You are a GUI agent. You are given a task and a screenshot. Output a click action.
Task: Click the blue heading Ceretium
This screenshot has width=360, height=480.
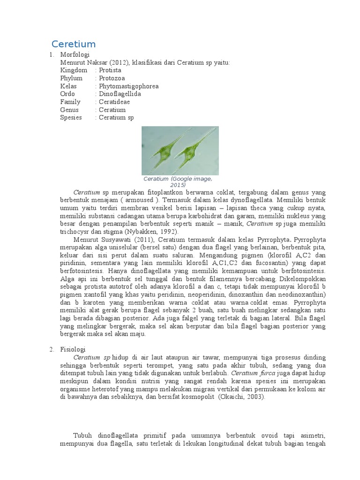[x=74, y=45]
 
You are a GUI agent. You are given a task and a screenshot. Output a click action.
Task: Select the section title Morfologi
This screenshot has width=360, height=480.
[x=75, y=55]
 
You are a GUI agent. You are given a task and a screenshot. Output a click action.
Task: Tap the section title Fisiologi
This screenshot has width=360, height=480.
[x=73, y=349]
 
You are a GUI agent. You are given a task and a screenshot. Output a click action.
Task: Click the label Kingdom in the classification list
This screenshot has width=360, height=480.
[x=74, y=70]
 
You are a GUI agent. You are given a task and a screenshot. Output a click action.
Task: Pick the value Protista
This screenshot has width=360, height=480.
[x=110, y=70]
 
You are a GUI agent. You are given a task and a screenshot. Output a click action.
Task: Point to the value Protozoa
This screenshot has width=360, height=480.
[x=112, y=78]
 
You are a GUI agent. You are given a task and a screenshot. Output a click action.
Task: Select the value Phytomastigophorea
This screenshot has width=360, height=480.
[x=128, y=86]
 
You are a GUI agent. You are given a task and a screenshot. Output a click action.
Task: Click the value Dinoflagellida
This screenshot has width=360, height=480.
[x=120, y=94]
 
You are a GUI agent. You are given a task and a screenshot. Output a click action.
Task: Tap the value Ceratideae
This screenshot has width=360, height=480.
[x=114, y=102]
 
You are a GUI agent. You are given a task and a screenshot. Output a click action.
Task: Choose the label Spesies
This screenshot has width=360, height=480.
[x=71, y=117]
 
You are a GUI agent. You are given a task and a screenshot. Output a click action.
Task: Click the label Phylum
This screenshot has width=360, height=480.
[x=71, y=78]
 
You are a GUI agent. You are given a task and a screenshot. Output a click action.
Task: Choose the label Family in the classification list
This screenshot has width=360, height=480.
[x=70, y=102]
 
